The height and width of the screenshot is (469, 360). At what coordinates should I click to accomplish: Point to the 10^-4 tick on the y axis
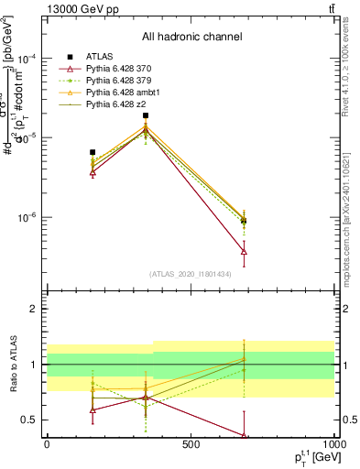[27, 58]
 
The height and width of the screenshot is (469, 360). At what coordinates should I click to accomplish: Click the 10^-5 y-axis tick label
[27, 137]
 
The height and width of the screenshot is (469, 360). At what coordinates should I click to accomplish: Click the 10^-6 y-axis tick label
[27, 218]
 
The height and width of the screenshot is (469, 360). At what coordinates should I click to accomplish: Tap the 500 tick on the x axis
[191, 444]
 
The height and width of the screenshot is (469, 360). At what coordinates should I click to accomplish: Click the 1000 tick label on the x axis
[333, 444]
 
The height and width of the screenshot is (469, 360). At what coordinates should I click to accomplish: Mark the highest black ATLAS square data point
[145, 115]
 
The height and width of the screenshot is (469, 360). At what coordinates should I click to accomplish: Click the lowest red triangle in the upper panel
[244, 251]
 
